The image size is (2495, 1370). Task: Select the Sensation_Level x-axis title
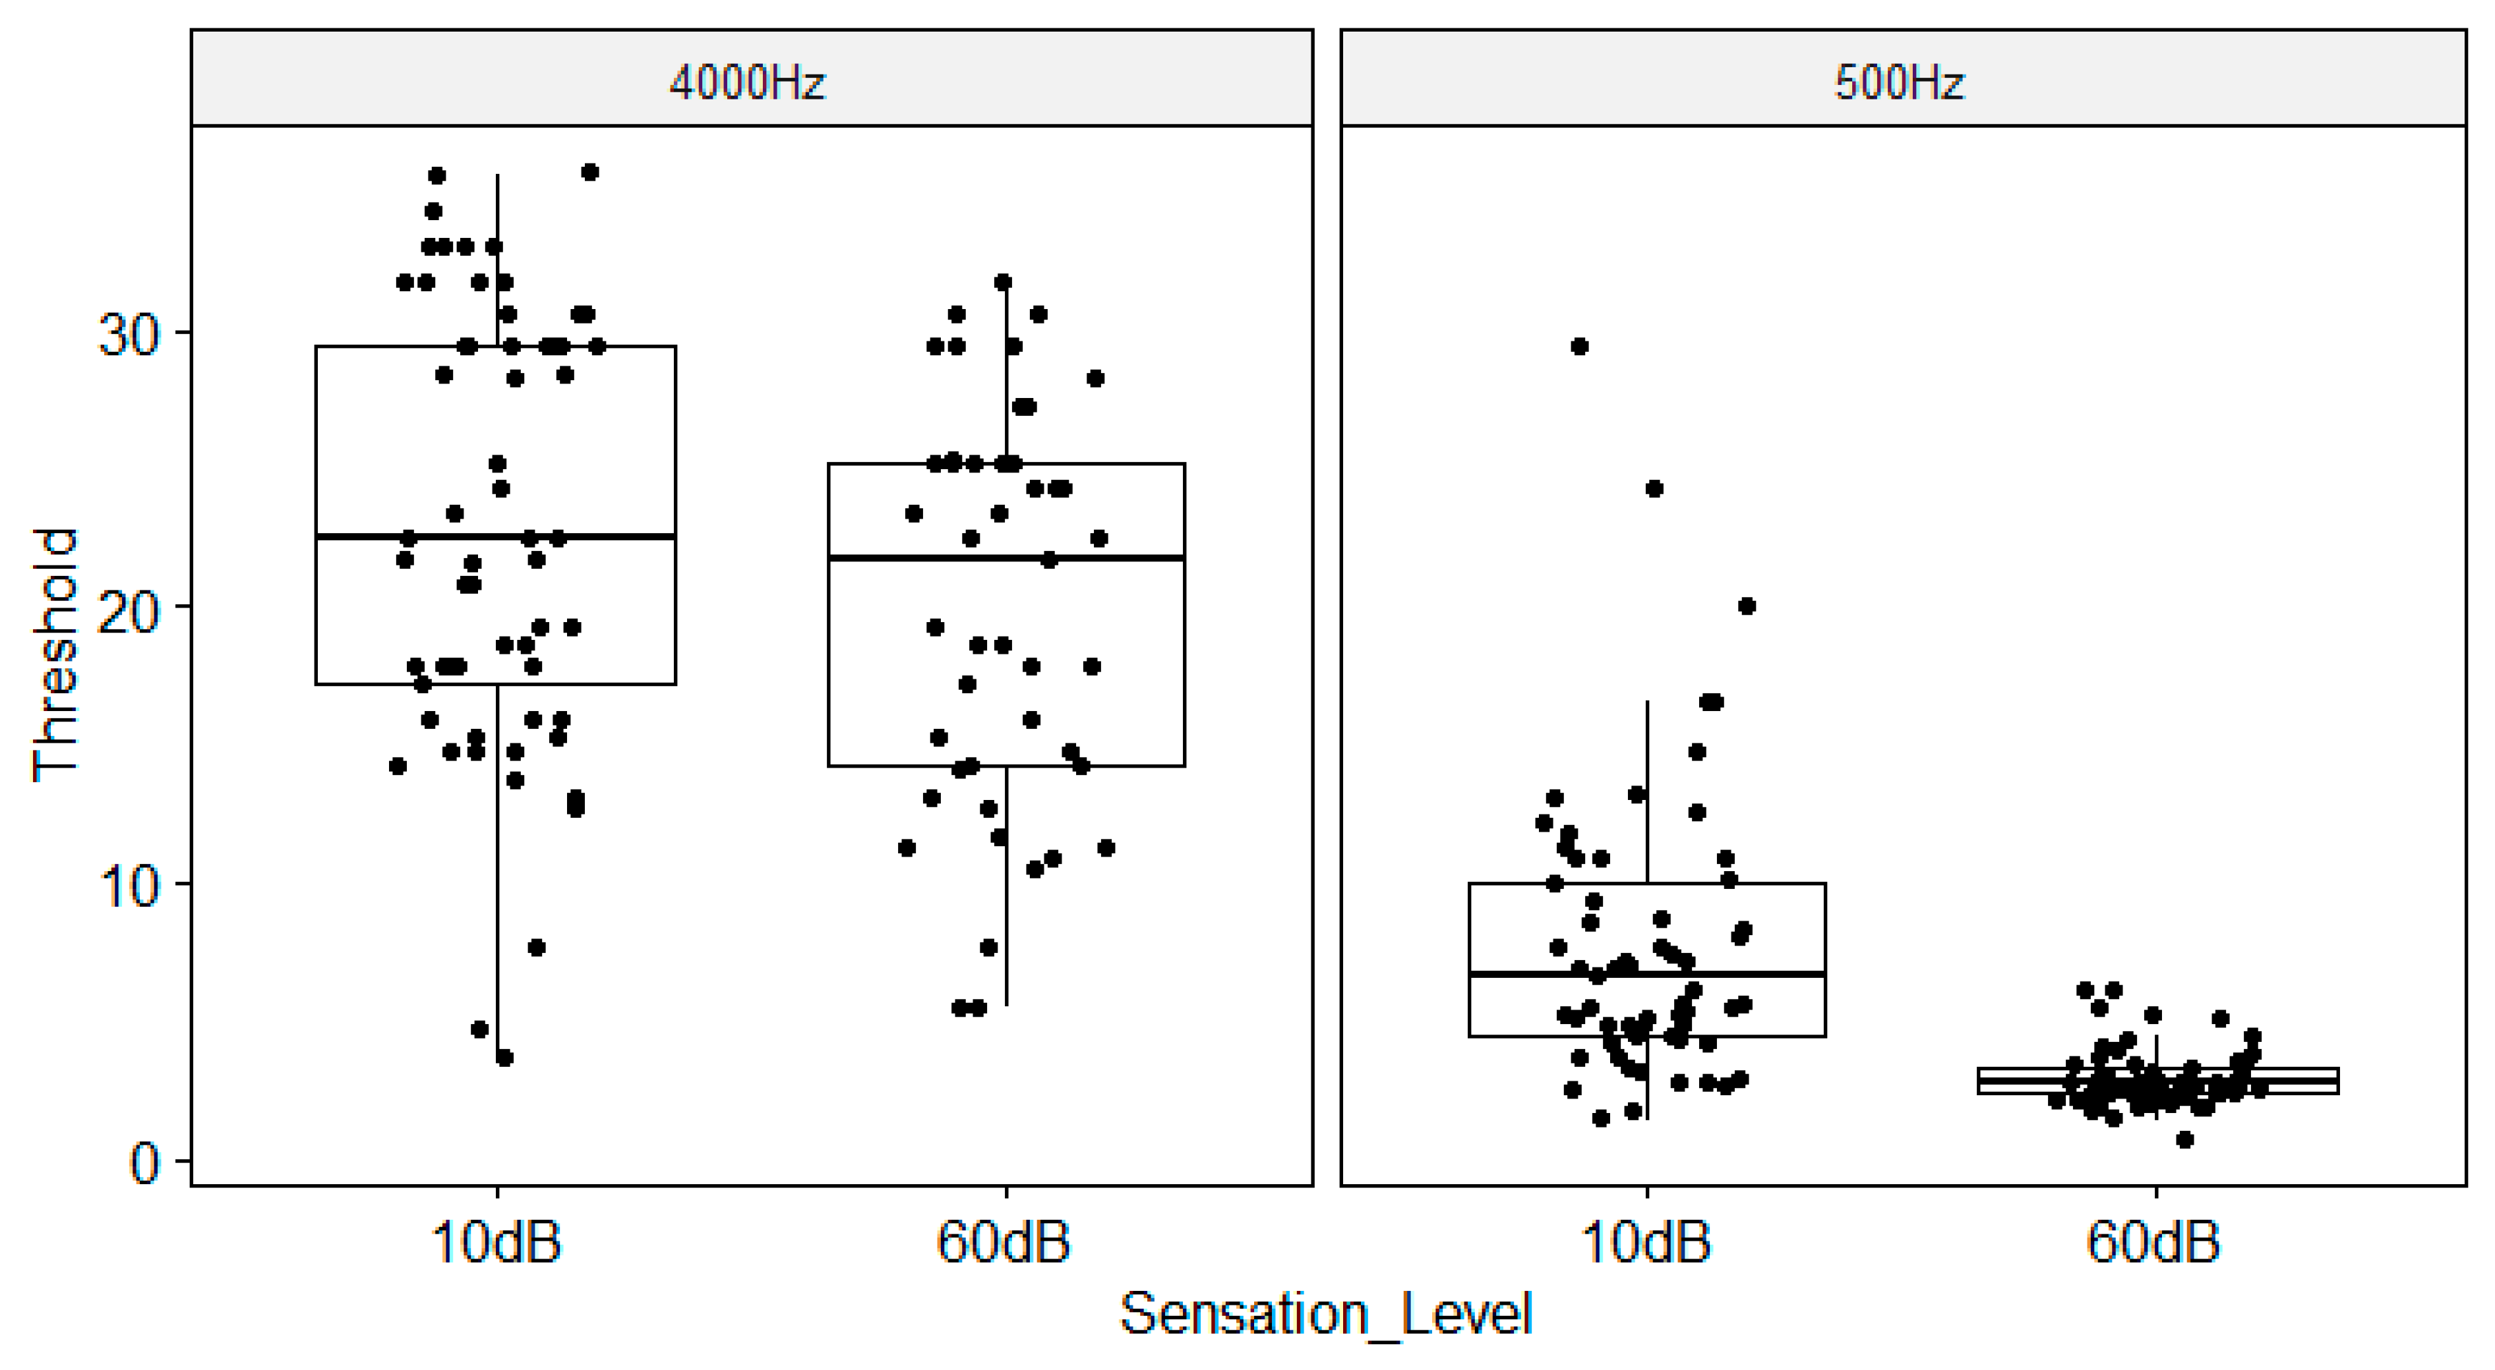click(1326, 1315)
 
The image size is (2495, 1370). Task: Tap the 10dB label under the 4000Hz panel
click(497, 1242)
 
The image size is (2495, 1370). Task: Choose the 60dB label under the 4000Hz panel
click(1004, 1242)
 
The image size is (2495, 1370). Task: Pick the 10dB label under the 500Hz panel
click(1646, 1242)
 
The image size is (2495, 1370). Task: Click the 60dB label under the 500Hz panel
click(2154, 1242)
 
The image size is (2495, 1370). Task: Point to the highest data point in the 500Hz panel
click(1580, 347)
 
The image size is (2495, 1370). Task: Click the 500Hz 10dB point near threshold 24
click(1654, 489)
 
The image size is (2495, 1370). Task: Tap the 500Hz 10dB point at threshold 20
click(1747, 606)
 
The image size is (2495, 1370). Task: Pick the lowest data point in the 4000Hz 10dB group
click(504, 1057)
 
